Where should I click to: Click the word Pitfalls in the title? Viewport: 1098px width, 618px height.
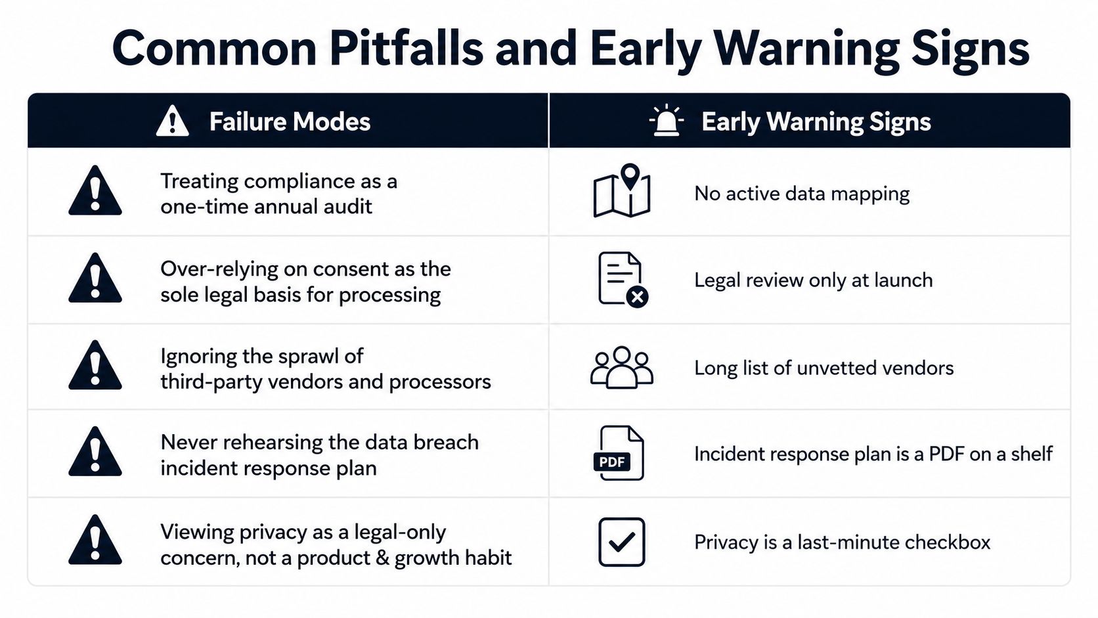[x=406, y=48]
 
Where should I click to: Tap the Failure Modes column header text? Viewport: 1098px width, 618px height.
[x=290, y=121]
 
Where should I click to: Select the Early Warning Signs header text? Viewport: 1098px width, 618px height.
[x=816, y=121]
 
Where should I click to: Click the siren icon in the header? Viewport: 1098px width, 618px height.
[x=666, y=120]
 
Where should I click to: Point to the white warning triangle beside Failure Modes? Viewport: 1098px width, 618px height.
[x=172, y=121]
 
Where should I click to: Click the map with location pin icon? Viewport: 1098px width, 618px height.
[x=621, y=190]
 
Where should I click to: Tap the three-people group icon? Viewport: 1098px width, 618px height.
[x=621, y=367]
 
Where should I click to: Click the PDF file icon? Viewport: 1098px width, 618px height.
[x=619, y=453]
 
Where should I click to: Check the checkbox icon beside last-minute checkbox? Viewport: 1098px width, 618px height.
[x=621, y=542]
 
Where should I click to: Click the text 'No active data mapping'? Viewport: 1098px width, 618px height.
[x=802, y=194]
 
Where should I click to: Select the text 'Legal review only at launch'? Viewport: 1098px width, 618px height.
[x=813, y=280]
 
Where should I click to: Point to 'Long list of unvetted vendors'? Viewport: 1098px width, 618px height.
[x=824, y=368]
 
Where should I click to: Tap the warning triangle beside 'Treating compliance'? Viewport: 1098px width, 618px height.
[x=95, y=190]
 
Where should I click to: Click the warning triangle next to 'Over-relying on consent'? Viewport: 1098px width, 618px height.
[x=95, y=278]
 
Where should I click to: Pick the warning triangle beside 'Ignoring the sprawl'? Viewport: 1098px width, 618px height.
[x=95, y=366]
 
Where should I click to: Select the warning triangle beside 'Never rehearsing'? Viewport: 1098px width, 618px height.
[x=95, y=452]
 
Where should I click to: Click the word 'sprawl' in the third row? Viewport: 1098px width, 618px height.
[x=308, y=357]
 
